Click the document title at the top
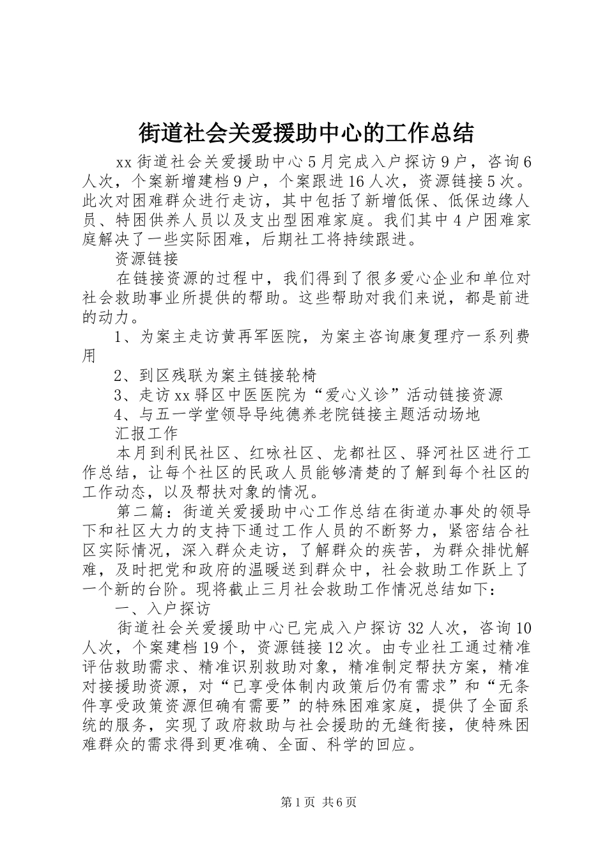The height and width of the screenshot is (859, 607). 306,133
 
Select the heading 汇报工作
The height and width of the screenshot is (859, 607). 146,433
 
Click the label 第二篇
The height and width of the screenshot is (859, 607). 141,511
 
